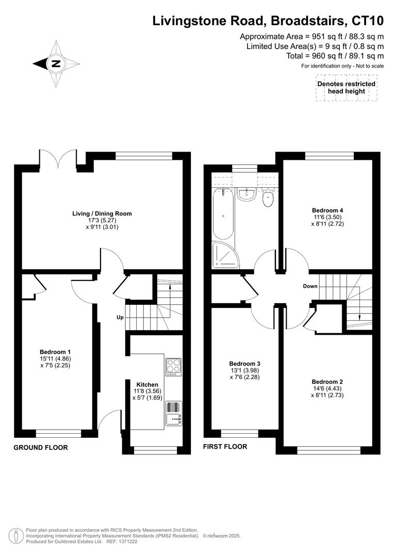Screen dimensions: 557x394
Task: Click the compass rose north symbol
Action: click(x=56, y=64)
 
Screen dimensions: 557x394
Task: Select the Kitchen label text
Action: click(x=147, y=385)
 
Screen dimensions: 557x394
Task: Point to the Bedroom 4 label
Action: click(x=327, y=210)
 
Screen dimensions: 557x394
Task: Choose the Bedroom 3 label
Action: click(x=241, y=363)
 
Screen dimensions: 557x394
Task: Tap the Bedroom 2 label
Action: click(x=327, y=382)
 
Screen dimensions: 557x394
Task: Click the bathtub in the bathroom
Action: click(x=223, y=214)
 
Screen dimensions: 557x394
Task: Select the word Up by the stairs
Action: click(x=120, y=317)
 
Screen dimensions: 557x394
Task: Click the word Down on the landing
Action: click(x=310, y=286)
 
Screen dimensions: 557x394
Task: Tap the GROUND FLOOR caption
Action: click(x=40, y=448)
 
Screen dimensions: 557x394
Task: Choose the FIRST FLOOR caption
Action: click(x=225, y=447)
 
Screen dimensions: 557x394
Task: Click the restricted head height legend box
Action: click(x=346, y=88)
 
